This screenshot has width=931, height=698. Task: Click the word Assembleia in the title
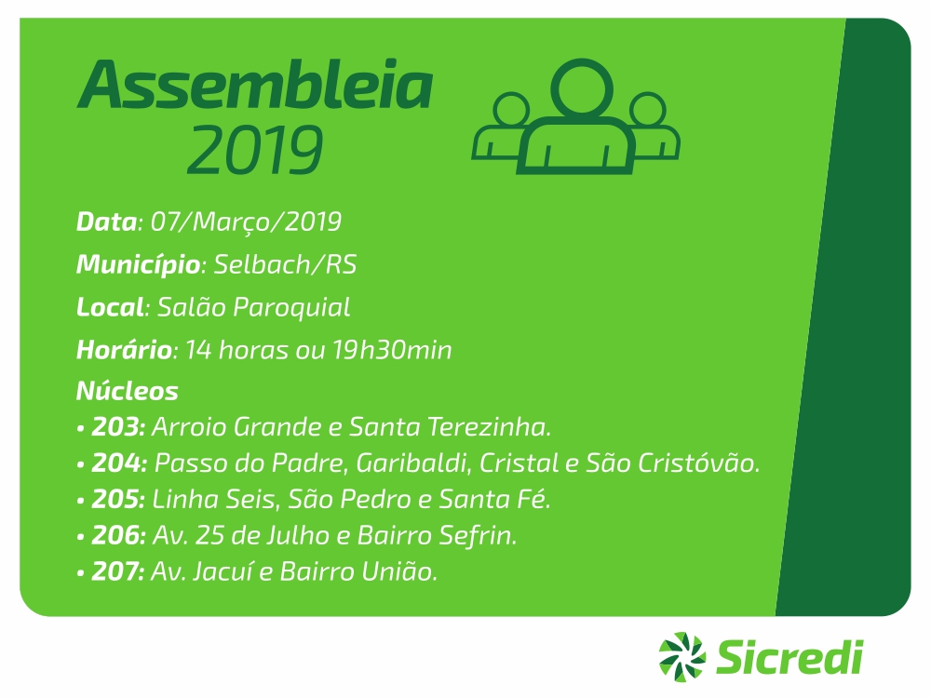click(255, 84)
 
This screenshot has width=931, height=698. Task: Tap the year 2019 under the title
click(255, 149)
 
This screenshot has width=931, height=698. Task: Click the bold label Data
click(106, 222)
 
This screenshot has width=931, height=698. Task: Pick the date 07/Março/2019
click(246, 222)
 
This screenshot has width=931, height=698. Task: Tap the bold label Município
click(138, 264)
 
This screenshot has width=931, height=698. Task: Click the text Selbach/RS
click(285, 264)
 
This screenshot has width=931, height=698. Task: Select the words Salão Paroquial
click(253, 307)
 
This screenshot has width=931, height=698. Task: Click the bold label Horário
click(124, 350)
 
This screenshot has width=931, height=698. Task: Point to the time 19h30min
click(392, 350)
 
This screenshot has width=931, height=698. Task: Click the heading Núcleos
click(127, 391)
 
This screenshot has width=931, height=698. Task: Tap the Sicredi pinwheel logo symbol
click(681, 657)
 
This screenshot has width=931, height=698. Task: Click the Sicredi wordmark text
click(789, 657)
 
